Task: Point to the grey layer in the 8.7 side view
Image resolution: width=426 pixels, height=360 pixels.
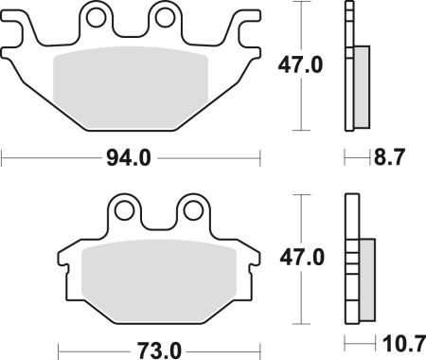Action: [362, 85]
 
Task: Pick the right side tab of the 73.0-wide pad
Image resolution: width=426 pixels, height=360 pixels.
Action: [253, 256]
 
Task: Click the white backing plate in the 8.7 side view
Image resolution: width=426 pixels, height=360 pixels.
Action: [347, 66]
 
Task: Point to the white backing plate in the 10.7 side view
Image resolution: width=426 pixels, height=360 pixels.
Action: [350, 261]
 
